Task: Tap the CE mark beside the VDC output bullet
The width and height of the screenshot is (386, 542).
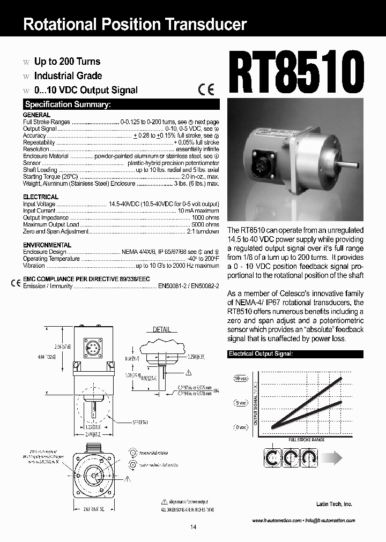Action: (x=206, y=90)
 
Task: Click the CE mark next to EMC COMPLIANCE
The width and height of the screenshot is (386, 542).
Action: (x=16, y=283)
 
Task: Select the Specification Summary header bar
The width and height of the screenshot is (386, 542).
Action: (x=121, y=104)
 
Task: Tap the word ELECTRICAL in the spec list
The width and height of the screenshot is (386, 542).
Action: (x=40, y=197)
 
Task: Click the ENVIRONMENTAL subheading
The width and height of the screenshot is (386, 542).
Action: (x=47, y=245)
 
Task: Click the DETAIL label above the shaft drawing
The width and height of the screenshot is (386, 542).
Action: (x=162, y=329)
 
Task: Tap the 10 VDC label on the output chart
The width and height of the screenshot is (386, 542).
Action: (x=241, y=378)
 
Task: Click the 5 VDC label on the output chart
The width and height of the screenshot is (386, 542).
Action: (x=241, y=403)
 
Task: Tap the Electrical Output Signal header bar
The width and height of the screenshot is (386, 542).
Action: (x=295, y=354)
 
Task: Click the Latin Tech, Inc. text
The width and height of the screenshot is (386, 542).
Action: (x=333, y=504)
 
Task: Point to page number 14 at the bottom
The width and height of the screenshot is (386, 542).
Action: (x=193, y=528)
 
